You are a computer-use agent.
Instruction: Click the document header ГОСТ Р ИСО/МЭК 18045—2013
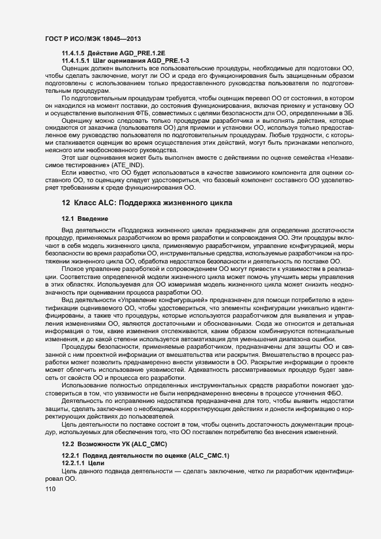click(x=92, y=37)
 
